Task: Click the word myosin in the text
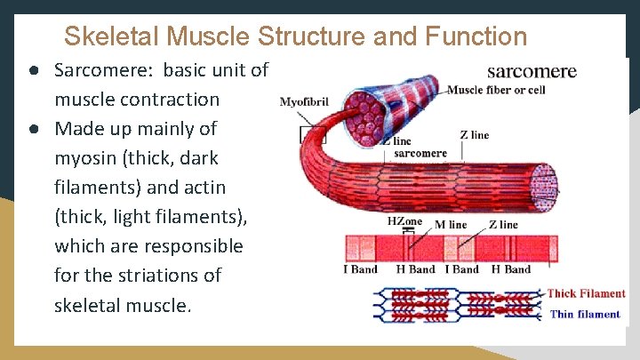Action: point(84,157)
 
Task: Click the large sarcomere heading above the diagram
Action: point(532,71)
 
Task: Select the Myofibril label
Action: point(304,102)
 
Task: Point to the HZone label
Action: point(405,221)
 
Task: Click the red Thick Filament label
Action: point(586,293)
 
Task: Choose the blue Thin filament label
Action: point(585,314)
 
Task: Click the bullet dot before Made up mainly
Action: point(31,128)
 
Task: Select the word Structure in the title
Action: point(312,36)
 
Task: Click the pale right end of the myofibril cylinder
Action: point(543,186)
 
